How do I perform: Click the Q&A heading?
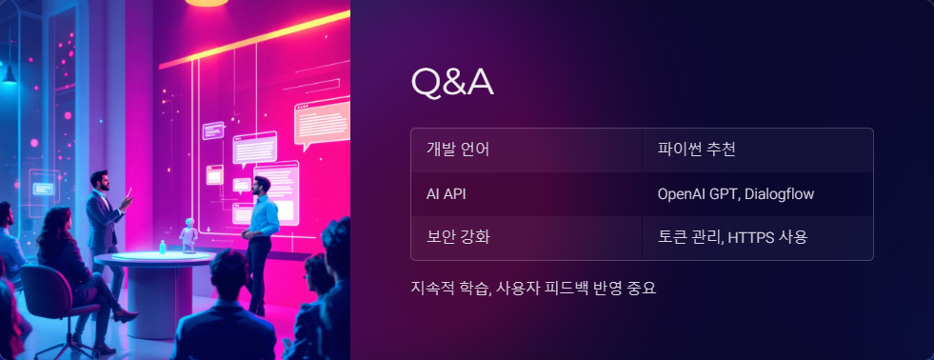click(x=451, y=83)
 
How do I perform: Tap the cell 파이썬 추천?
click(x=697, y=150)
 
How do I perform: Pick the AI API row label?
click(x=446, y=193)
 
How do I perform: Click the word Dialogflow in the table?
click(x=780, y=193)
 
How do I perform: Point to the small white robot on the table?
click(x=189, y=234)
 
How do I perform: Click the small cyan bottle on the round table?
click(x=163, y=247)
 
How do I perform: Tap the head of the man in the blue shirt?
click(x=263, y=184)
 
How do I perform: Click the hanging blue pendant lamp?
click(x=9, y=73)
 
